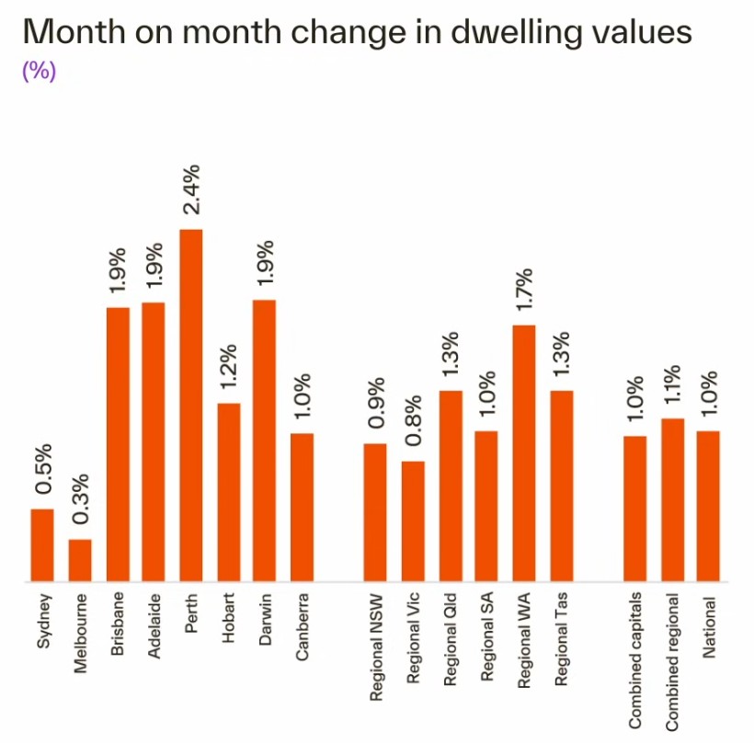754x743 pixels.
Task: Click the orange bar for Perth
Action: [191, 406]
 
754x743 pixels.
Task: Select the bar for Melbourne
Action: [81, 560]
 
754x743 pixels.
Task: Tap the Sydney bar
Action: [43, 544]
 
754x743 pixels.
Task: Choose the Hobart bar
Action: [228, 492]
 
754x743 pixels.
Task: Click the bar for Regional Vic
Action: [413, 520]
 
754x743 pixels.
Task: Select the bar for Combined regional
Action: [673, 499]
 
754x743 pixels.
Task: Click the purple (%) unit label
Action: [39, 72]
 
